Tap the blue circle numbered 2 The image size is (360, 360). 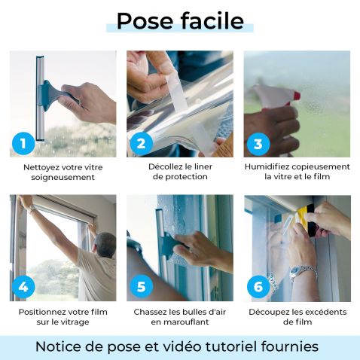(x=140, y=142)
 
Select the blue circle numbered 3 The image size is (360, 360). (x=258, y=142)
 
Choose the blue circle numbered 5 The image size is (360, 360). (x=140, y=287)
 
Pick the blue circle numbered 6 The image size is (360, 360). (x=258, y=287)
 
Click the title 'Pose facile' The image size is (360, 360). (x=180, y=21)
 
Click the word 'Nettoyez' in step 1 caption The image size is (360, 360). (x=43, y=166)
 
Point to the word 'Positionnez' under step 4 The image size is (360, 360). (x=44, y=311)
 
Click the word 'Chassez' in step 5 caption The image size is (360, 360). (x=151, y=311)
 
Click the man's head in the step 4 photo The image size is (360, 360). (x=105, y=243)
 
